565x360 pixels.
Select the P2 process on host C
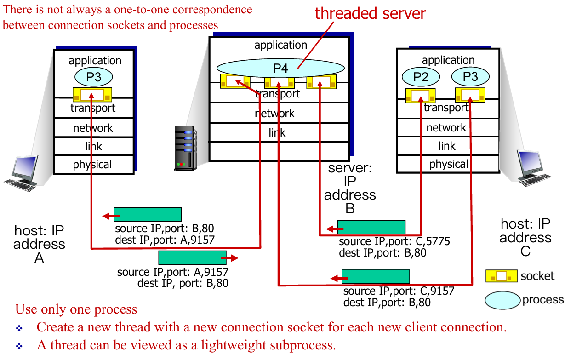[x=421, y=77]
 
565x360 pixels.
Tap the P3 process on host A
[x=94, y=77]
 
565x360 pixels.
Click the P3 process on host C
[x=470, y=76]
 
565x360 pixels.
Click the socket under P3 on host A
[x=92, y=95]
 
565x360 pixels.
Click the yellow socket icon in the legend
[x=501, y=276]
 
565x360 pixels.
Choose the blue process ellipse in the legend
[x=503, y=300]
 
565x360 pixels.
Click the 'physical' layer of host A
[x=93, y=165]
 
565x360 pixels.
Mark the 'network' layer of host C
[x=446, y=127]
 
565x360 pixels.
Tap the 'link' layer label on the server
[x=277, y=132]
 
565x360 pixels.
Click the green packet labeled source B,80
[x=147, y=214]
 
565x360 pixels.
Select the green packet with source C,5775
[x=371, y=227]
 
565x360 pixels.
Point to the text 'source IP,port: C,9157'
[x=399, y=291]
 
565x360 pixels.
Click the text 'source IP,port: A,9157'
[x=172, y=272]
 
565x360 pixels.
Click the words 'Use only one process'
[x=76, y=309]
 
